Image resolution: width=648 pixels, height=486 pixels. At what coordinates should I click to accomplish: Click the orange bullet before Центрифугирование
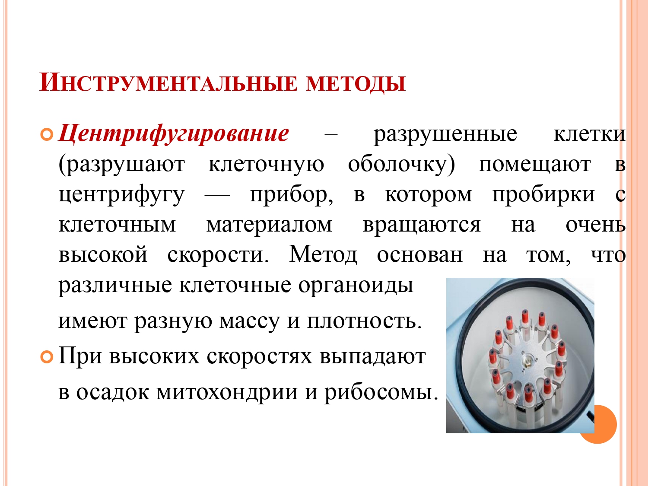tap(47, 134)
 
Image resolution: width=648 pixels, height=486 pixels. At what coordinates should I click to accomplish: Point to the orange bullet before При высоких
tap(47, 357)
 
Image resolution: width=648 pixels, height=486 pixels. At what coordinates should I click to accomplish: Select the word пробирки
tap(543, 195)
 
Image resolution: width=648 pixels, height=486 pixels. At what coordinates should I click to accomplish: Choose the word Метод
tap(323, 254)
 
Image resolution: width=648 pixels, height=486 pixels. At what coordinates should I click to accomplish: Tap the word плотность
tap(364, 321)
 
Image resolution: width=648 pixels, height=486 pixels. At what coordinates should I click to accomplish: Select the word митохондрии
tap(227, 392)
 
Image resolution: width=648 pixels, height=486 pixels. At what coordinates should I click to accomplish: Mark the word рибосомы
tap(381, 392)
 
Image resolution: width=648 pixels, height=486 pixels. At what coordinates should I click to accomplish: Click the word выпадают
tap(372, 356)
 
